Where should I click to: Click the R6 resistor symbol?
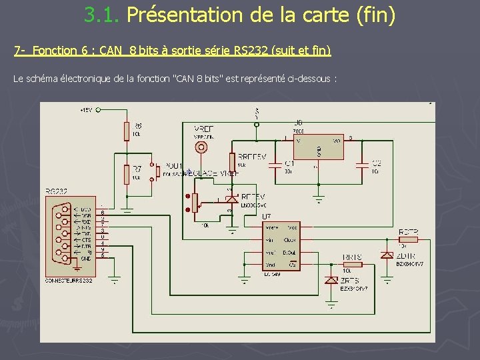(127, 131)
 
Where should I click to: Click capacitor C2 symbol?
(362, 164)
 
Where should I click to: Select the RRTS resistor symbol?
(351, 265)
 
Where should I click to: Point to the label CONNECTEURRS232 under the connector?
(69, 281)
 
